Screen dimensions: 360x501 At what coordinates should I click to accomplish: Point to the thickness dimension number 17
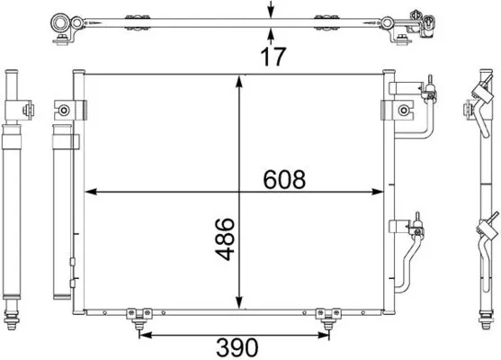pyautogui.click(x=272, y=57)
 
